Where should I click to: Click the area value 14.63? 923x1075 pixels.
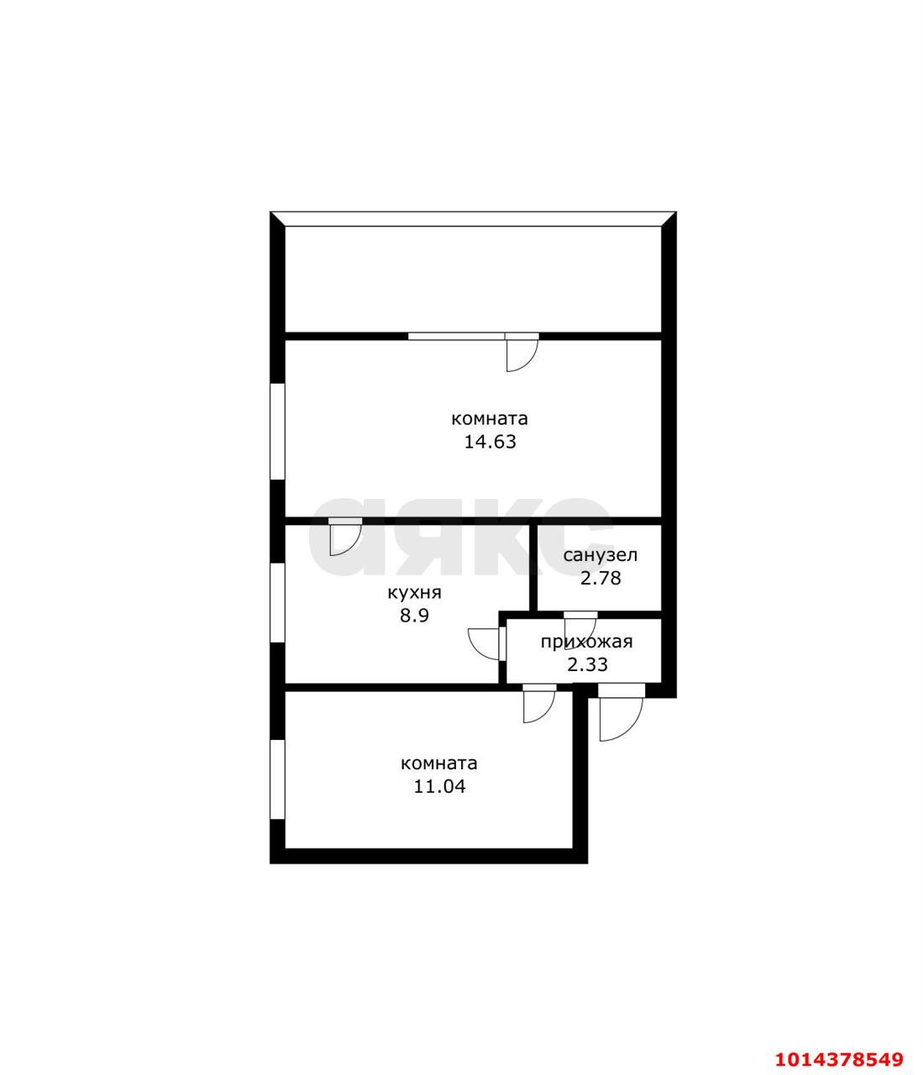490,442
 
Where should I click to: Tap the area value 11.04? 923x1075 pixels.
438,787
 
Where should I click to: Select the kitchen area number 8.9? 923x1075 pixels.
414,615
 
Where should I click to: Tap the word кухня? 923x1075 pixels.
414,592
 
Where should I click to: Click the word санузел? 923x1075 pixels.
600,555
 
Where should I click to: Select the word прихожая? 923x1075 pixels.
586,642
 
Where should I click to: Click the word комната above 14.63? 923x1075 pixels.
490,418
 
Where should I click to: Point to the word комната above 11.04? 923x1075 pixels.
438,763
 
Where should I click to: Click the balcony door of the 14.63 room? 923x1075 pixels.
522,352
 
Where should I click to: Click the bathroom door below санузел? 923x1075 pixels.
580,627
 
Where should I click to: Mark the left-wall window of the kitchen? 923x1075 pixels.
276,604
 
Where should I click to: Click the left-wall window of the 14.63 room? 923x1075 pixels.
276,432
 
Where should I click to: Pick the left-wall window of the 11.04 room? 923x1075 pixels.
276,779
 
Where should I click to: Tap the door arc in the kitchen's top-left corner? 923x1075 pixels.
344,538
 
